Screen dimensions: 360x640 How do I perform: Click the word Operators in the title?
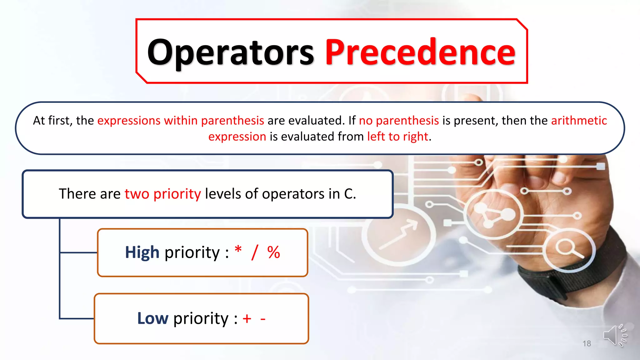[230, 52]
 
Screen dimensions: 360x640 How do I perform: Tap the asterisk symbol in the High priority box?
[238, 250]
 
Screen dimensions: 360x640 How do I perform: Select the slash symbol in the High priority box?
[255, 252]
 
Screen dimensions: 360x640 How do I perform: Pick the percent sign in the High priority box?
[273, 252]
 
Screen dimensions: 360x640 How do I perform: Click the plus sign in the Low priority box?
[247, 319]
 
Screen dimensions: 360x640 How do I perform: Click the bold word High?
[142, 252]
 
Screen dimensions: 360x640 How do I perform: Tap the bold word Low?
[153, 318]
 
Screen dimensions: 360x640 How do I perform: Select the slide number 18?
[587, 344]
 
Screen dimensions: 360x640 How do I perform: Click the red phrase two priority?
[162, 194]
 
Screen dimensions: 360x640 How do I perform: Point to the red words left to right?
[397, 137]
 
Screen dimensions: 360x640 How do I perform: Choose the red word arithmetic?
[579, 121]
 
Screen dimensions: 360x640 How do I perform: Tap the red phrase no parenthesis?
[399, 121]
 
